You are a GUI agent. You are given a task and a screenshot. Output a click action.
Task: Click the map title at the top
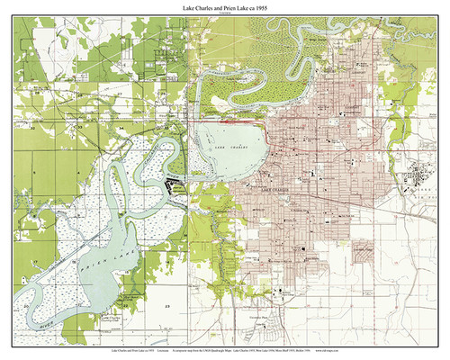[x=224, y=7]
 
